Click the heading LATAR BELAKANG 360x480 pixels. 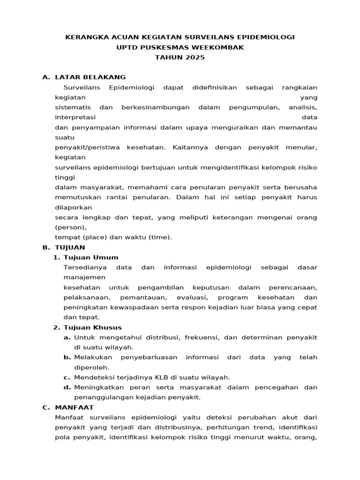[x=90, y=77]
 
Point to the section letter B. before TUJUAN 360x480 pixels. [x=46, y=247]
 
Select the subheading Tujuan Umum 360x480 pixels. [x=91, y=257]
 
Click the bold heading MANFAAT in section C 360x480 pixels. [x=75, y=407]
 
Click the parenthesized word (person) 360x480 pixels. [x=70, y=227]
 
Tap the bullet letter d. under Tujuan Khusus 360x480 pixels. [x=67, y=387]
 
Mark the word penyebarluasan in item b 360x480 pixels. [x=149, y=357]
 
